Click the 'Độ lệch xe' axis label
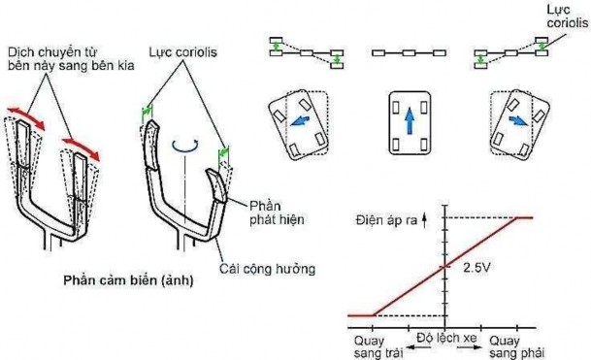(443, 337)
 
